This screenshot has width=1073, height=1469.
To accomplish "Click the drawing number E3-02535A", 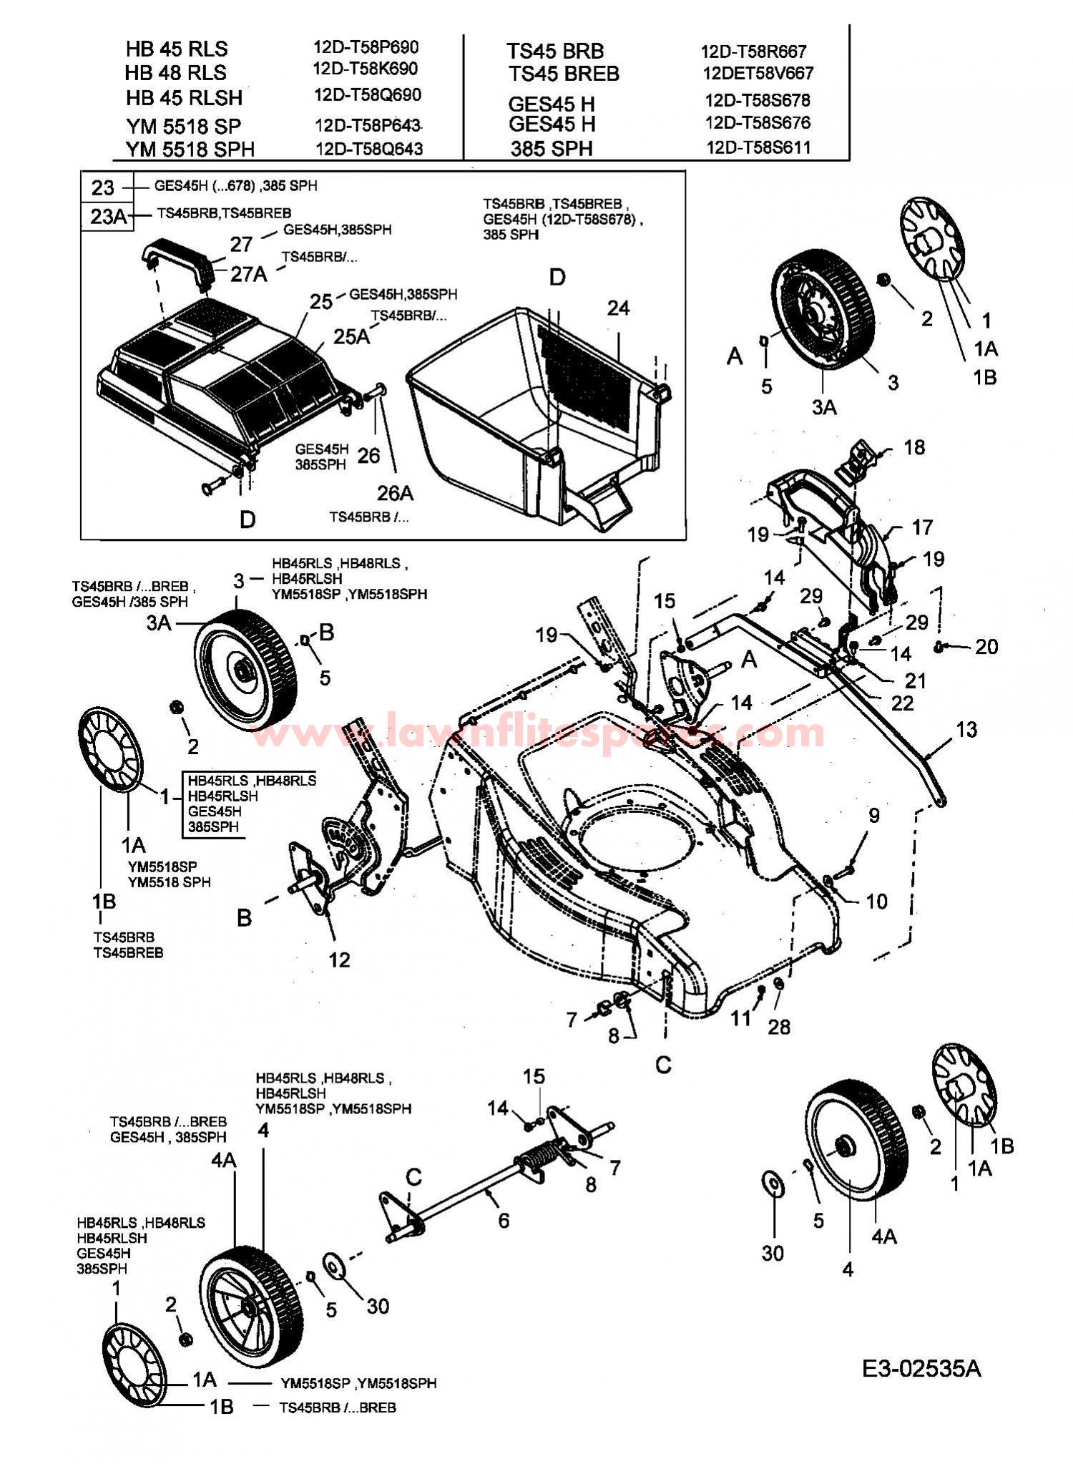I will click(x=921, y=1369).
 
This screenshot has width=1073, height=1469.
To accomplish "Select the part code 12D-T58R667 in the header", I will click(x=753, y=52).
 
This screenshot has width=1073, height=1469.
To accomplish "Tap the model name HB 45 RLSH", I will click(x=184, y=97).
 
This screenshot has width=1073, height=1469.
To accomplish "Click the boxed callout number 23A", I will click(x=108, y=216).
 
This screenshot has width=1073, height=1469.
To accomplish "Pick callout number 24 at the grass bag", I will click(x=618, y=308).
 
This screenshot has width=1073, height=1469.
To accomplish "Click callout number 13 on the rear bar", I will click(x=966, y=730).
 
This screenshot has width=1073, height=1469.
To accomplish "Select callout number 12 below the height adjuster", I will click(x=339, y=960).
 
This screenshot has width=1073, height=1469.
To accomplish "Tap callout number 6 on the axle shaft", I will click(x=504, y=1220).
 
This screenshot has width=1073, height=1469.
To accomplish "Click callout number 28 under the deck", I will click(x=779, y=1027).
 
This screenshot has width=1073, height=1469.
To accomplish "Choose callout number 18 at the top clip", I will click(x=914, y=447).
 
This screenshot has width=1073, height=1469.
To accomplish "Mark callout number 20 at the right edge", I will click(x=986, y=647).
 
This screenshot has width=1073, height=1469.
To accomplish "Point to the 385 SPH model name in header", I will click(x=552, y=149).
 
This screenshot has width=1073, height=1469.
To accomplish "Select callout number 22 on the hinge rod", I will click(x=903, y=703).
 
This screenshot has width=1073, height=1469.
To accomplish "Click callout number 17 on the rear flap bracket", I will click(x=922, y=527).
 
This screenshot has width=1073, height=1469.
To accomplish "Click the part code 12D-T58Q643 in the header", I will click(x=369, y=149).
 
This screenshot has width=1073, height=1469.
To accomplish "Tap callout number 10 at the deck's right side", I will click(x=876, y=902).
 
